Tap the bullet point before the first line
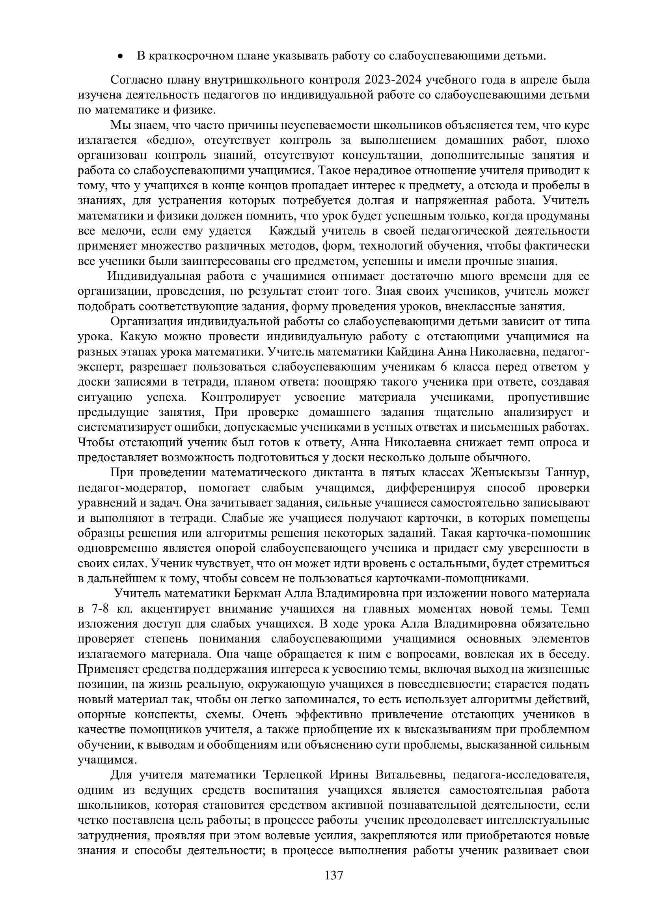[119, 57]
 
